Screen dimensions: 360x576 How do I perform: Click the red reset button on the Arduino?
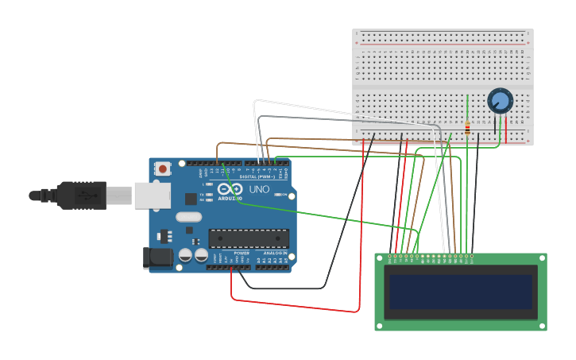point(163,168)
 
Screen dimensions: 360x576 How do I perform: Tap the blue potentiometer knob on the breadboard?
point(500,100)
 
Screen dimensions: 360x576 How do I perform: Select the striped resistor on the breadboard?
point(467,127)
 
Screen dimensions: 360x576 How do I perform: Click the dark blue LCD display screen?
point(460,292)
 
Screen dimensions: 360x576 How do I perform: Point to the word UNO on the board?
point(260,190)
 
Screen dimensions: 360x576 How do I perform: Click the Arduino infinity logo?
point(231,190)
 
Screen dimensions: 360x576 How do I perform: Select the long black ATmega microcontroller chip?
point(249,238)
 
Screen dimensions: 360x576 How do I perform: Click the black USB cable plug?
point(80,195)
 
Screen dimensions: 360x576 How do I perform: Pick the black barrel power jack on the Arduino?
point(157,257)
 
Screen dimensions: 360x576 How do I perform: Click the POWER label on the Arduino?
point(242,253)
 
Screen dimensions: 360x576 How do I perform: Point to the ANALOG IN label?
point(273,253)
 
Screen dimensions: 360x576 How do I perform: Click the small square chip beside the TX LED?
point(191,199)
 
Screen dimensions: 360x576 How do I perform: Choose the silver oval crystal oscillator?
point(189,217)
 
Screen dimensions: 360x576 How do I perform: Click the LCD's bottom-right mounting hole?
point(543,326)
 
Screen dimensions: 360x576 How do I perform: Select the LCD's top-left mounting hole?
point(379,257)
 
